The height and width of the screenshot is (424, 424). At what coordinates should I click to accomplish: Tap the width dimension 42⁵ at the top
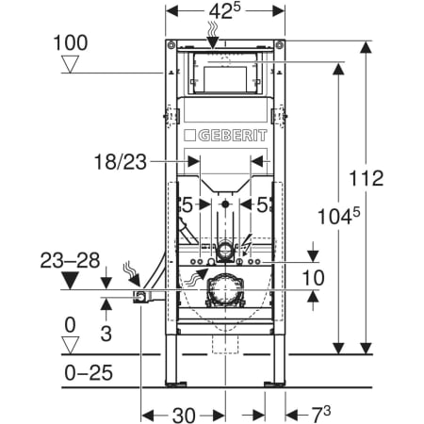click(x=225, y=11)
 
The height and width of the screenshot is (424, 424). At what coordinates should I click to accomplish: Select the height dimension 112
click(x=367, y=178)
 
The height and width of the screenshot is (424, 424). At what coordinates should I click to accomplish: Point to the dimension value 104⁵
click(x=338, y=216)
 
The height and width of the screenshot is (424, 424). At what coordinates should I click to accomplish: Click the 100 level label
click(x=71, y=42)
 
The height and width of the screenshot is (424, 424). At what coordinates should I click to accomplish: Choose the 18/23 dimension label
click(x=121, y=162)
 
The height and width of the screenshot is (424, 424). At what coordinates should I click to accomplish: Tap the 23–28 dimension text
click(x=70, y=260)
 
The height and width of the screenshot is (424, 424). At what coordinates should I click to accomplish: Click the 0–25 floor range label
click(x=89, y=373)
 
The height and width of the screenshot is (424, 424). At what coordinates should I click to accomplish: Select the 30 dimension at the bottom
click(x=184, y=416)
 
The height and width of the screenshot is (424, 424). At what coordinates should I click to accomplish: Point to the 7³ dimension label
click(x=321, y=414)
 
